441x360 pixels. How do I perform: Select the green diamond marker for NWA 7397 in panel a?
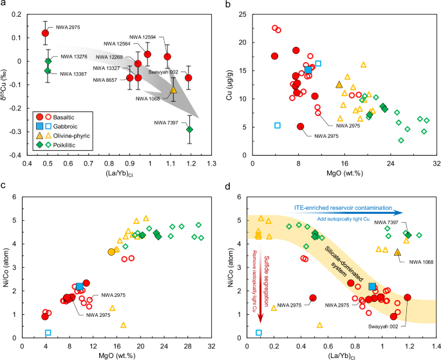tap(189, 129)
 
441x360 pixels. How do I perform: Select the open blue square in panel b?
tap(277, 126)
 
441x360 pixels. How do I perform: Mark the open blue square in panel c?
tap(48, 332)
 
